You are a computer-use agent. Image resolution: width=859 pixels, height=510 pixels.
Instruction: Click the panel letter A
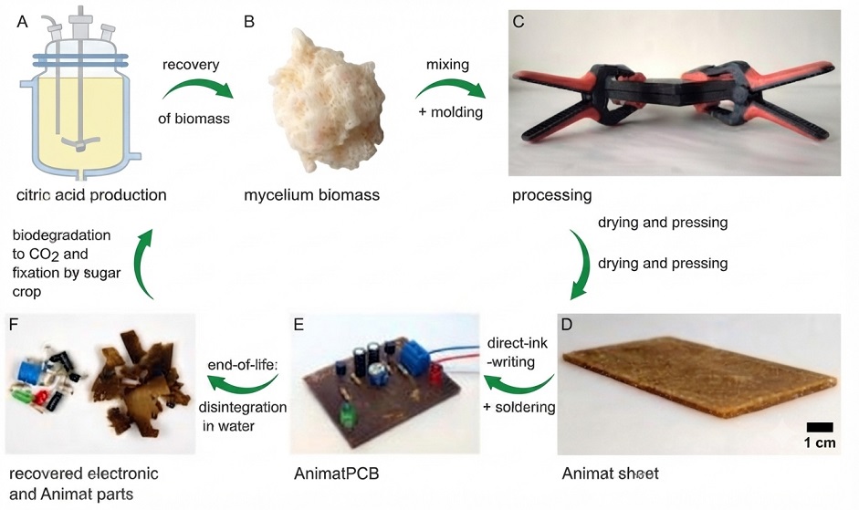pyautogui.click(x=23, y=22)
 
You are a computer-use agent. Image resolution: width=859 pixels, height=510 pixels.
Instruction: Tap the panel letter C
pyautogui.click(x=519, y=21)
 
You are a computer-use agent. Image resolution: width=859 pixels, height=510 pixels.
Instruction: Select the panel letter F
pyautogui.click(x=15, y=324)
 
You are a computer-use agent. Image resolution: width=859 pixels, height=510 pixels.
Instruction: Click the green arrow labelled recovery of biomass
pyautogui.click(x=197, y=88)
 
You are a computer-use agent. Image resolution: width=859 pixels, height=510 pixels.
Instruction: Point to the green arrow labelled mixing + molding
pyautogui.click(x=450, y=87)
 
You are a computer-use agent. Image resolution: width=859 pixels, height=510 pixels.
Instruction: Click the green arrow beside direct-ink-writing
pyautogui.click(x=518, y=386)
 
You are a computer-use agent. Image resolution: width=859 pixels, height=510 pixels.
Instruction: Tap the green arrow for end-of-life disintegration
pyautogui.click(x=243, y=386)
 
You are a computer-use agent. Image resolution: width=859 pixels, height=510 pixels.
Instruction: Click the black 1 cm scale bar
pyautogui.click(x=820, y=427)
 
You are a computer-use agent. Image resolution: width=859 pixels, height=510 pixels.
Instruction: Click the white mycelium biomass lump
pyautogui.click(x=328, y=101)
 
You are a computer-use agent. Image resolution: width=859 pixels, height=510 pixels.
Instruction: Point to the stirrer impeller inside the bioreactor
pyautogui.click(x=80, y=143)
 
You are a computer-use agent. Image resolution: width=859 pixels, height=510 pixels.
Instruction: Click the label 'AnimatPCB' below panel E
pyautogui.click(x=336, y=474)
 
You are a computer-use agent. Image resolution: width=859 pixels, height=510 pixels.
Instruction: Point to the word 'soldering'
pyautogui.click(x=525, y=408)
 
